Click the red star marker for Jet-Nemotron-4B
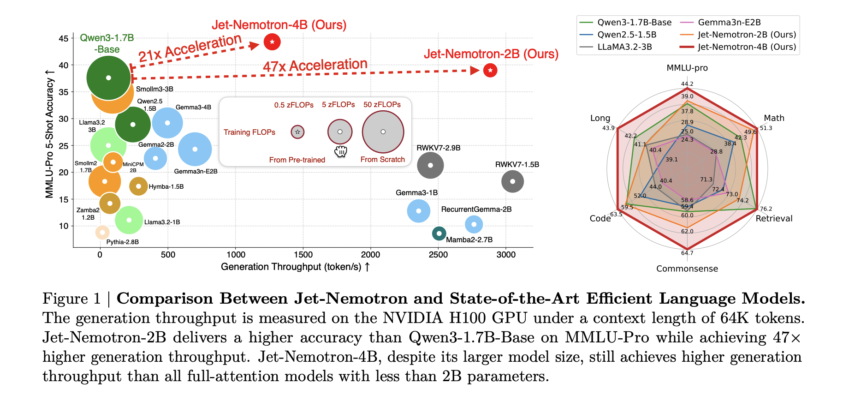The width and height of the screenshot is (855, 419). (x=272, y=42)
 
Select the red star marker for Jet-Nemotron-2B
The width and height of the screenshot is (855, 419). (x=490, y=71)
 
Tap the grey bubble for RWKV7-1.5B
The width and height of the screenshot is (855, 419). (x=512, y=181)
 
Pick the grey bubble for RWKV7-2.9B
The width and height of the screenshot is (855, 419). (x=430, y=165)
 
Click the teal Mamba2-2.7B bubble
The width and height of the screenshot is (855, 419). (x=439, y=233)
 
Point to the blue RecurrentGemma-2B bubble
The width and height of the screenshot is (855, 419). (x=474, y=224)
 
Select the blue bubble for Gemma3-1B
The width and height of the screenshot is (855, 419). (x=418, y=211)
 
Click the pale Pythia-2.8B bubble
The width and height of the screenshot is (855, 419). (x=102, y=233)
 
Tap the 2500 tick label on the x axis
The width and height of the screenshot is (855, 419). (x=438, y=255)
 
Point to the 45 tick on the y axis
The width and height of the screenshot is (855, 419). (x=64, y=38)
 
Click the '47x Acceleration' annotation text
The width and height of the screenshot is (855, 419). (x=315, y=66)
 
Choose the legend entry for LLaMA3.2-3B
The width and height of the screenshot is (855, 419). (x=624, y=47)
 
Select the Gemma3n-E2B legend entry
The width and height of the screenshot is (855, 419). (x=729, y=22)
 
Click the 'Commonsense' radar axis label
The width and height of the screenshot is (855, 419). (x=687, y=269)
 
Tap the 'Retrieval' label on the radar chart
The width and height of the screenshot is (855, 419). (x=774, y=218)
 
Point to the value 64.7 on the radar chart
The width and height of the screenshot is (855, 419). (x=687, y=253)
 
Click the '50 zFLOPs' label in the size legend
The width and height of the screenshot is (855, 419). (x=382, y=105)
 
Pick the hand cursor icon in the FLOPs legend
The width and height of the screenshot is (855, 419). (x=340, y=151)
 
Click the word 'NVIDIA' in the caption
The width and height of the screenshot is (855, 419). (x=413, y=318)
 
